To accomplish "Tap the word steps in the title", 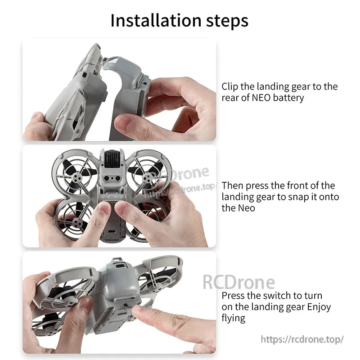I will pos(226,21).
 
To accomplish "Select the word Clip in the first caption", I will pos(230,86).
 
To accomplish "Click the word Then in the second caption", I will pos(233,185).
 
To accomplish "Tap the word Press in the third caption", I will pos(234,296).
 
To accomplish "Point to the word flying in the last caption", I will pos(233,318).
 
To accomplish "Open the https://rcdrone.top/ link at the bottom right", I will pos(302,339).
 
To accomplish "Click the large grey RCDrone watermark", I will pos(238,282).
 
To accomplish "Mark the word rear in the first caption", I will pos(229,98).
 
